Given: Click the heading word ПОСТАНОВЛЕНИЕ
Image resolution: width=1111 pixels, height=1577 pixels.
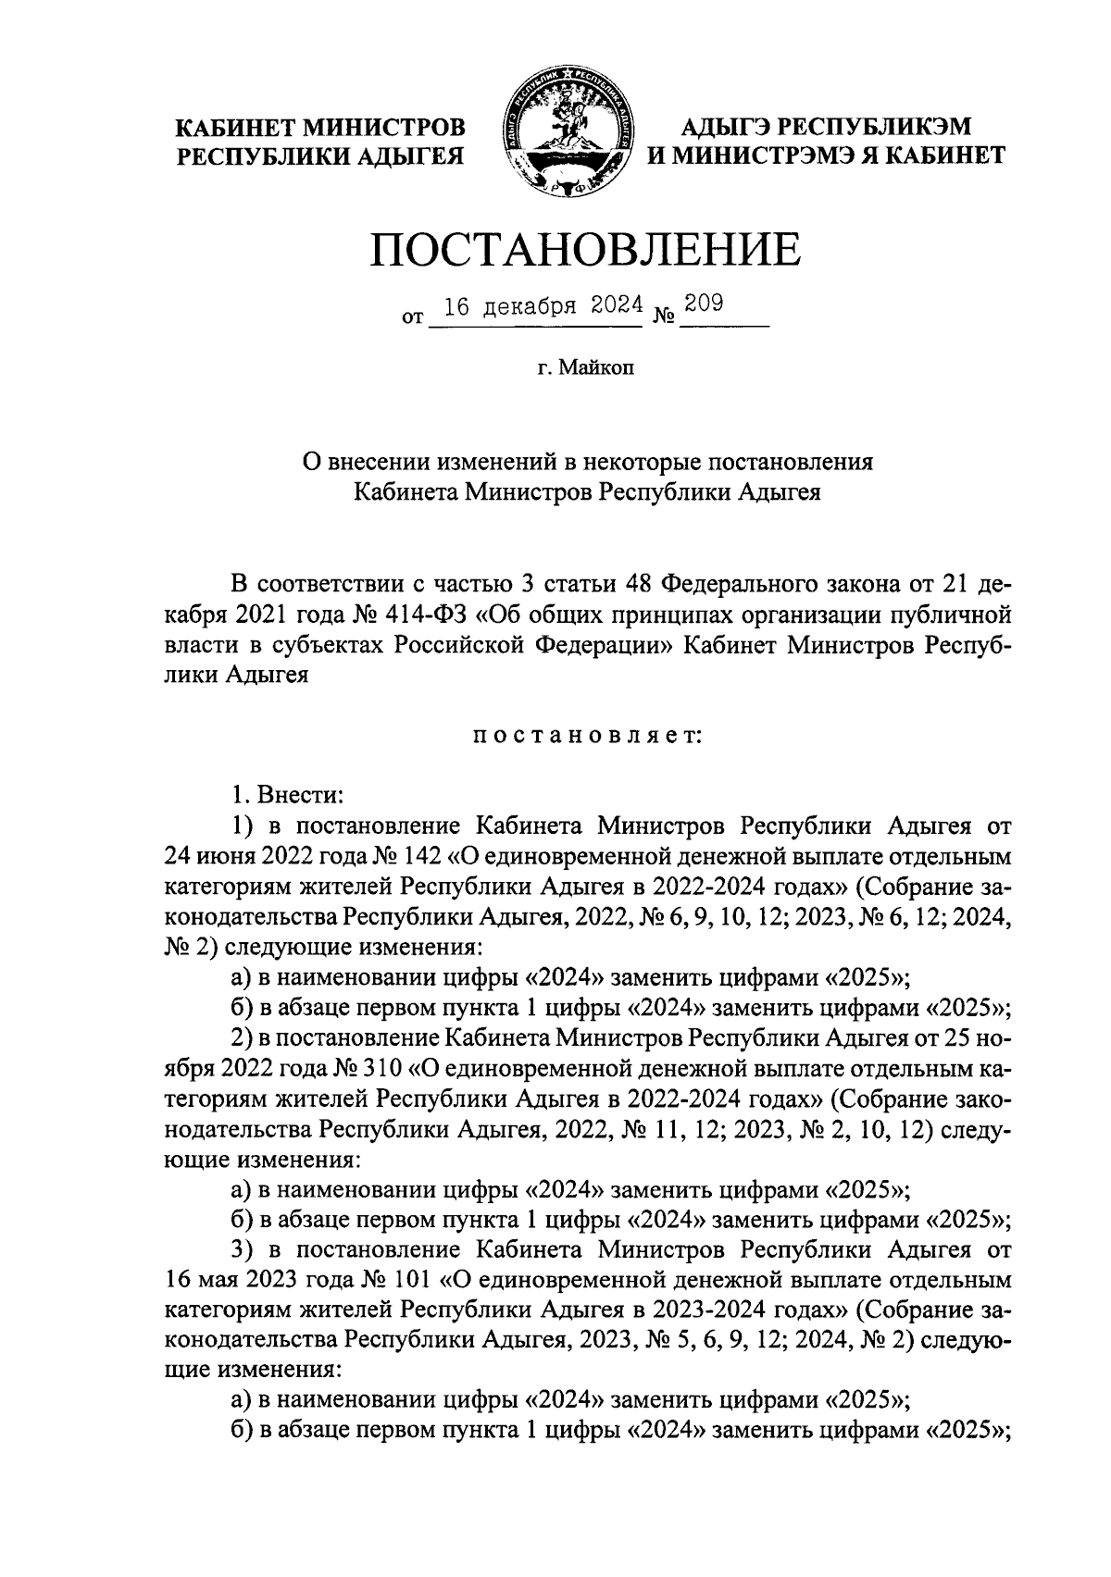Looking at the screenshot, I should (x=585, y=250).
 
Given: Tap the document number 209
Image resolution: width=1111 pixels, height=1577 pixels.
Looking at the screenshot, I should (x=704, y=304).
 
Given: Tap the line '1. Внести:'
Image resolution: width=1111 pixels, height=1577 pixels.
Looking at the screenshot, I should (x=287, y=795).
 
